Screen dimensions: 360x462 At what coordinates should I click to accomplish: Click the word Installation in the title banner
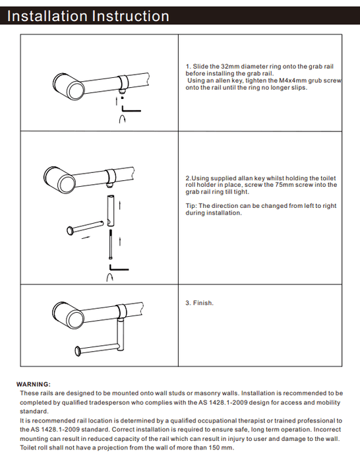pyautogui.click(x=47, y=16)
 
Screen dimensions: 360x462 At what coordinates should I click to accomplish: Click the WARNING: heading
pyautogui.click(x=34, y=384)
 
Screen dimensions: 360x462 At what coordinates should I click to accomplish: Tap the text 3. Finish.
pyautogui.click(x=199, y=303)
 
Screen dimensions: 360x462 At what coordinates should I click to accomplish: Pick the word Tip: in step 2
pyautogui.click(x=191, y=206)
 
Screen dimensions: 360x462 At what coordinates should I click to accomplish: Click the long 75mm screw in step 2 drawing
pyautogui.click(x=111, y=245)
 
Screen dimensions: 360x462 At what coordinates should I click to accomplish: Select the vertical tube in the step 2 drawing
pyautogui.click(x=110, y=211)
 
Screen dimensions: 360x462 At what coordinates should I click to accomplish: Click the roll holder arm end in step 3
pyautogui.click(x=78, y=351)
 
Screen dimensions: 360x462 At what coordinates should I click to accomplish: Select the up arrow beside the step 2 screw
pyautogui.click(x=120, y=241)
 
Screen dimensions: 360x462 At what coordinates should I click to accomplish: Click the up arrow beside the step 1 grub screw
pyautogui.click(x=117, y=102)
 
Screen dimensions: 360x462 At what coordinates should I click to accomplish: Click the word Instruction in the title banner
pyautogui.click(x=131, y=16)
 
